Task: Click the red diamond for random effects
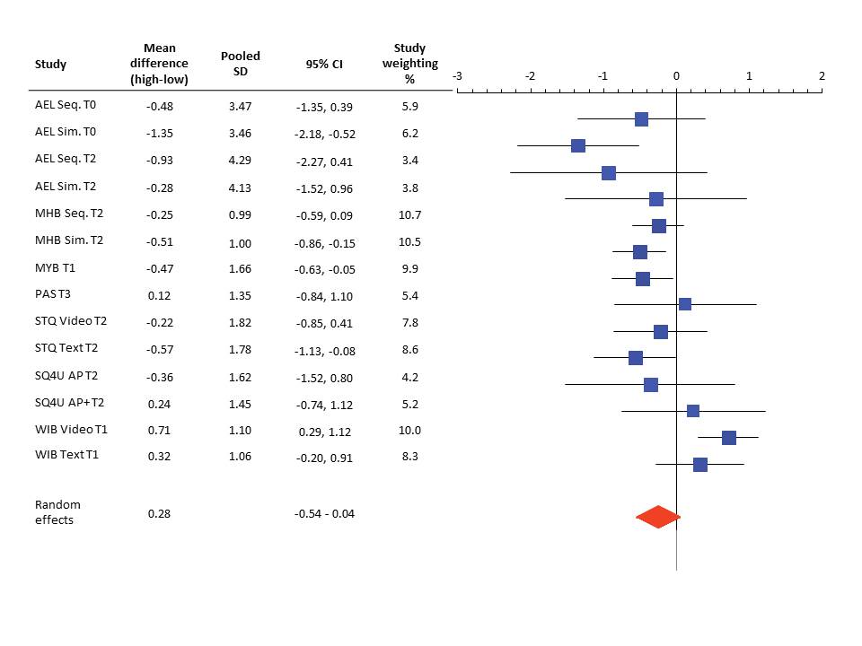(657, 518)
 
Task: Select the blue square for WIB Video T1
(729, 438)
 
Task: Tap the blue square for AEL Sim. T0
(578, 146)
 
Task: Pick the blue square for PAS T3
(685, 304)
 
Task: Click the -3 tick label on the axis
(457, 76)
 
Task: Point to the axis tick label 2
(822, 76)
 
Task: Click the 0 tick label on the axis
(676, 76)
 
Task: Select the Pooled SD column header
(241, 63)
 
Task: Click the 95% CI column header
(324, 65)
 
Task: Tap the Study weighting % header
(410, 63)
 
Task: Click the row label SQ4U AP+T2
(69, 403)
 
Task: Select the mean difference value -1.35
(159, 133)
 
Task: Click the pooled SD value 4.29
(241, 160)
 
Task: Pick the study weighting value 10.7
(409, 214)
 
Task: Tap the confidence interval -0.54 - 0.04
(324, 513)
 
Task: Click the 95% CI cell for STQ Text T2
(324, 351)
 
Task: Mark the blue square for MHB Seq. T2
(659, 226)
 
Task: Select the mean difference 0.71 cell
(159, 431)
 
